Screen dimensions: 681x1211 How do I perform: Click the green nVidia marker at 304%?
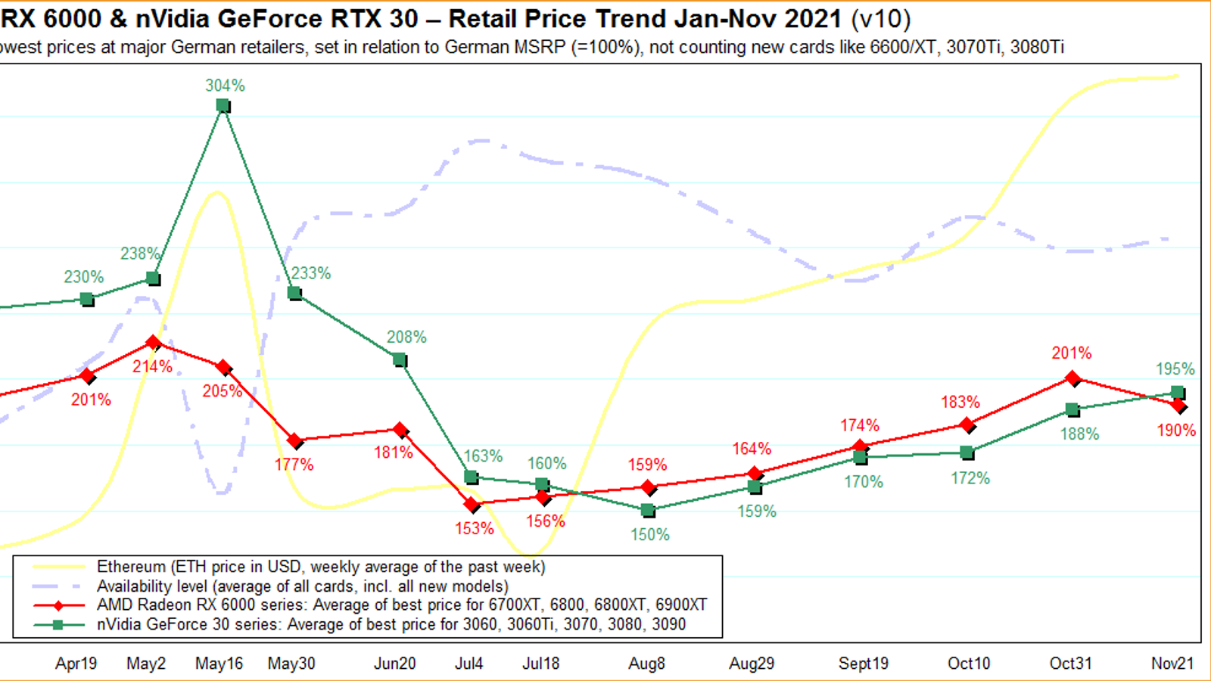[223, 106]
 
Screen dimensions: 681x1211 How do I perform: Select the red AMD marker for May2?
[154, 343]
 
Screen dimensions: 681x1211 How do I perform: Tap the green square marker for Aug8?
[648, 511]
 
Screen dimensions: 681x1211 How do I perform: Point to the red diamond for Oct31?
[1072, 378]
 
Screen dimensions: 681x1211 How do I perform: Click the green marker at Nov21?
[1178, 392]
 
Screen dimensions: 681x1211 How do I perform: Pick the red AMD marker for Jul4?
[472, 505]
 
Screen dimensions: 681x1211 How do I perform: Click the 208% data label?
[406, 337]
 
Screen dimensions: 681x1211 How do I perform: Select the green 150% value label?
[650, 534]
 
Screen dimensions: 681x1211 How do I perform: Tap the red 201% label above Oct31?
[1071, 353]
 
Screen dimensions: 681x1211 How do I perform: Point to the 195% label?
[1175, 368]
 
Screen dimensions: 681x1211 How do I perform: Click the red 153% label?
[474, 528]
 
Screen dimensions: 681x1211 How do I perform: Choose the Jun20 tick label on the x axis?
[394, 664]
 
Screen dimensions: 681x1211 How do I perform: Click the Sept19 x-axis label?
[863, 664]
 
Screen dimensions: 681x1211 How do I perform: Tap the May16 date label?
[219, 664]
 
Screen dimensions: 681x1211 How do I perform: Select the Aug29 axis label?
[751, 664]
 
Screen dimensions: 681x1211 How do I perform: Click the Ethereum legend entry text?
[320, 567]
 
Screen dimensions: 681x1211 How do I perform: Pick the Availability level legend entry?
[302, 586]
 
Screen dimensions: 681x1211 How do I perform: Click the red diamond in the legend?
[58, 605]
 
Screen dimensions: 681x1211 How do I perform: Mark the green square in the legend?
[58, 625]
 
